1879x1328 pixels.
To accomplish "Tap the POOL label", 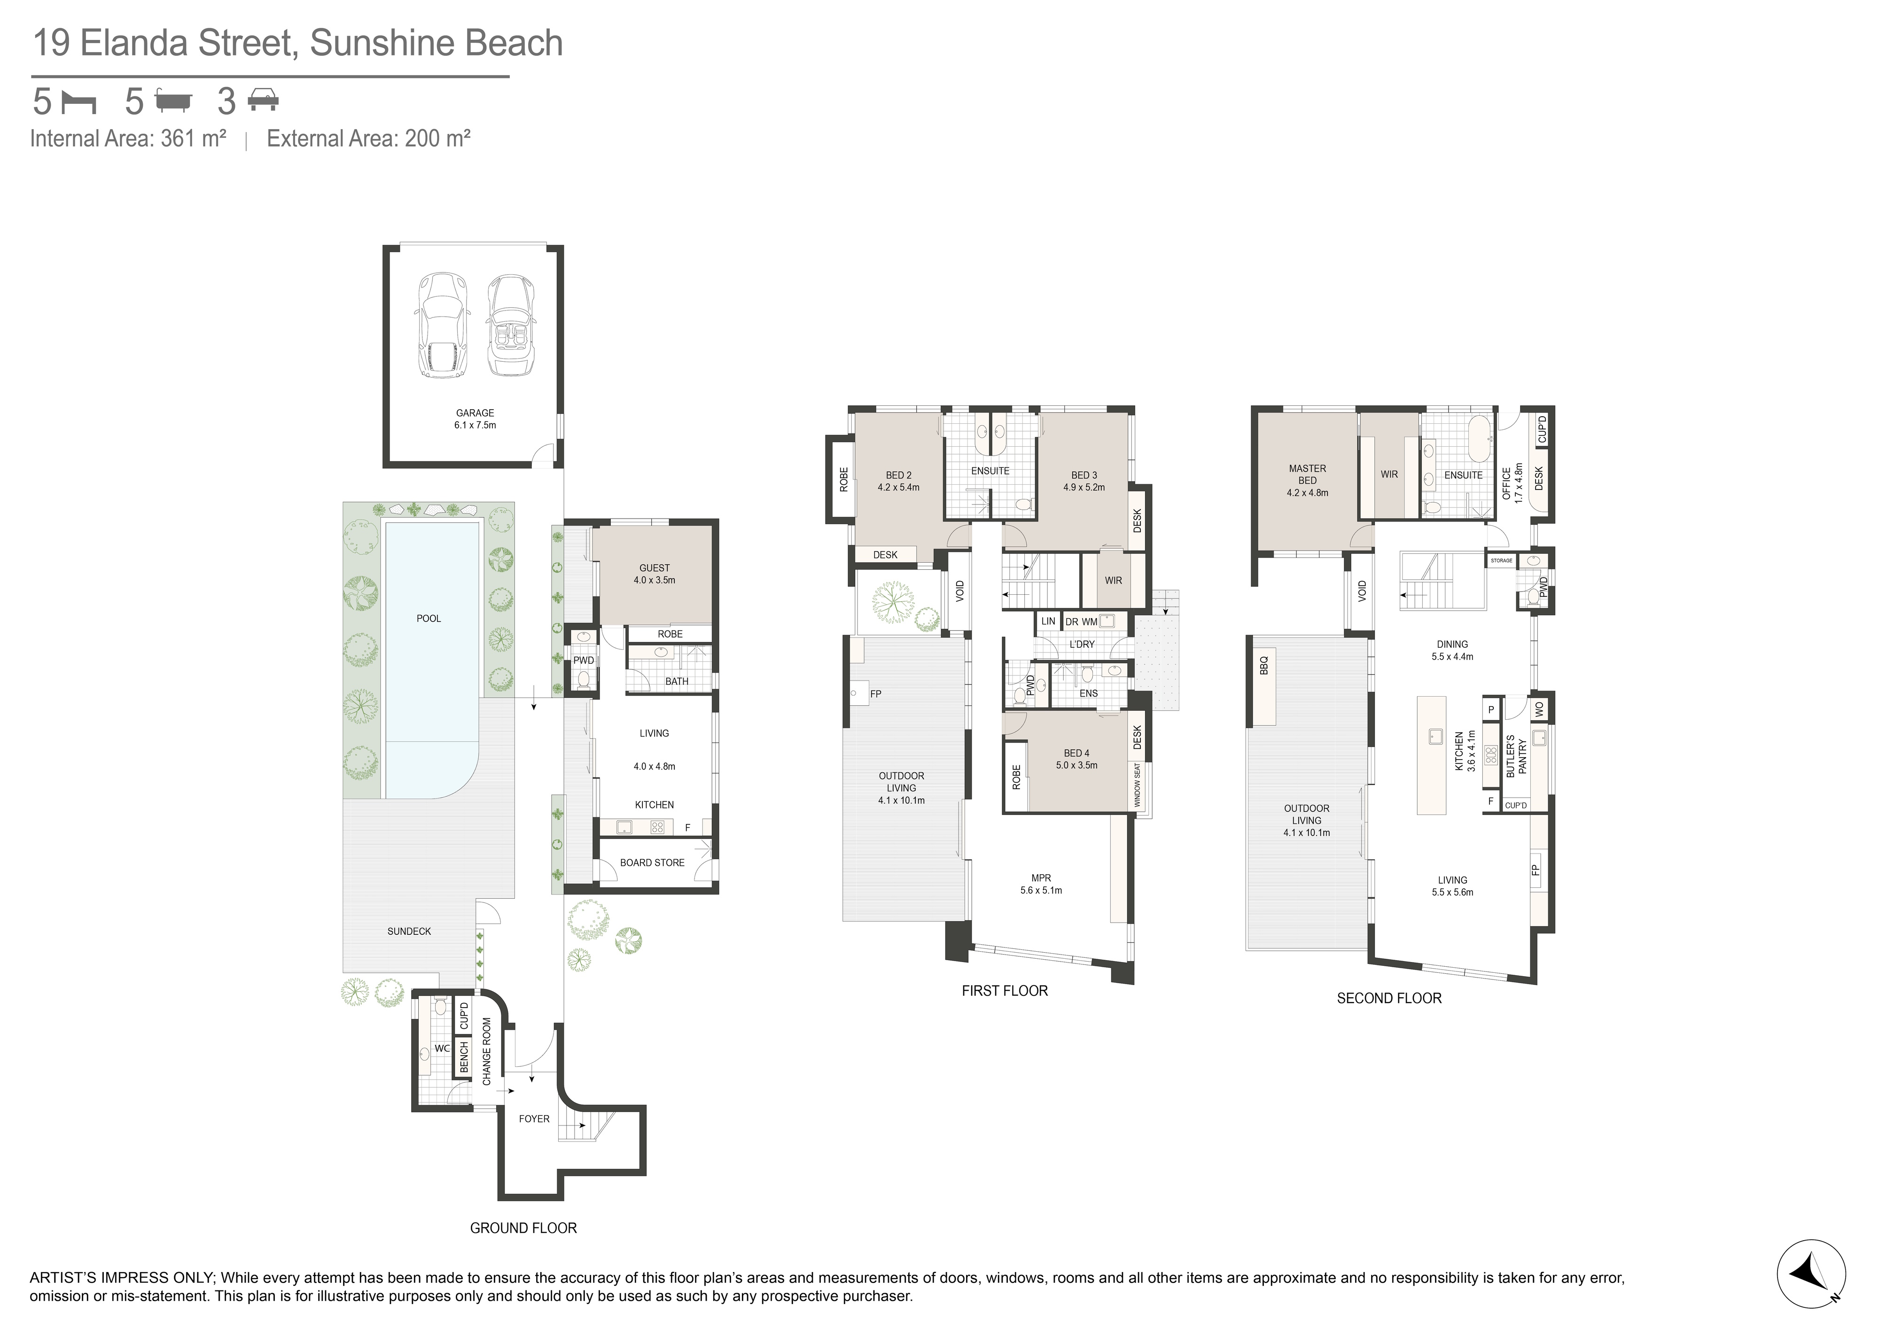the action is [x=429, y=619].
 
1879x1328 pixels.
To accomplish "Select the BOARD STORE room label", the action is [x=652, y=862].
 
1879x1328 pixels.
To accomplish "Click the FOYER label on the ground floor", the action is [x=534, y=1118].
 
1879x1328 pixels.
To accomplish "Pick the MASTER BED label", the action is [x=1307, y=474].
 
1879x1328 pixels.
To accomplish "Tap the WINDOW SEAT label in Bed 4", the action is [x=1137, y=785].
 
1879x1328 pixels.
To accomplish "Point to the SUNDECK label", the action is [x=409, y=931].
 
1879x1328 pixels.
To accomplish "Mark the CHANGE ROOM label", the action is [x=487, y=1051].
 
